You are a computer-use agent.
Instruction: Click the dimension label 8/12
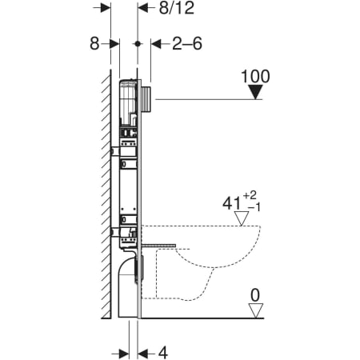(x=175, y=10)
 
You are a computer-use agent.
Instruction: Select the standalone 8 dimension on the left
(x=94, y=43)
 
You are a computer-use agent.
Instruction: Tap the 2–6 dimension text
(x=188, y=43)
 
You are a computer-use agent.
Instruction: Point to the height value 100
(x=255, y=77)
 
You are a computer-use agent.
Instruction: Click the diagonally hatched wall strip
(x=105, y=192)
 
